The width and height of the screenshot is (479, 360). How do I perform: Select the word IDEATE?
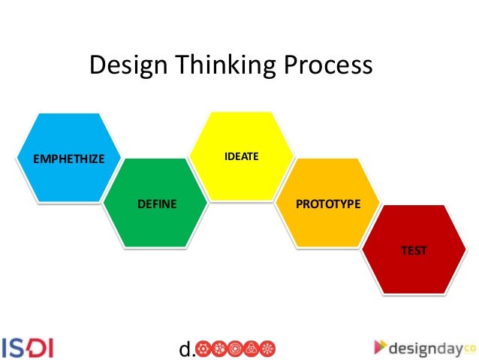(x=241, y=157)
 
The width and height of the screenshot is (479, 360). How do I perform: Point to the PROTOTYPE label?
(x=329, y=204)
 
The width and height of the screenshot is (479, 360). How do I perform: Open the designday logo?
(x=425, y=346)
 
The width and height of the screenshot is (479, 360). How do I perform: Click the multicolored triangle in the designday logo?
(x=381, y=346)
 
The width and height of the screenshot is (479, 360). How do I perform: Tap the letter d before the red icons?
(x=184, y=349)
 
